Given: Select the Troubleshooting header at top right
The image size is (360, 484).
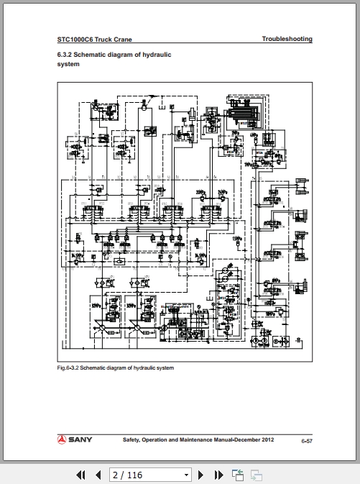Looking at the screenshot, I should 287,39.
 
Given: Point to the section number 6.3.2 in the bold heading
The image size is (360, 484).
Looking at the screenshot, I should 65,55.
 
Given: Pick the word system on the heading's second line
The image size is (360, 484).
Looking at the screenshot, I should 68,64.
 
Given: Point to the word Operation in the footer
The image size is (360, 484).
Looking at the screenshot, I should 162,439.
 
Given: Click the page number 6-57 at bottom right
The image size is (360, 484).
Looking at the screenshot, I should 306,439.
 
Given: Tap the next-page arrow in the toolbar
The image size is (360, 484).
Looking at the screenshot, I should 201,475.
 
